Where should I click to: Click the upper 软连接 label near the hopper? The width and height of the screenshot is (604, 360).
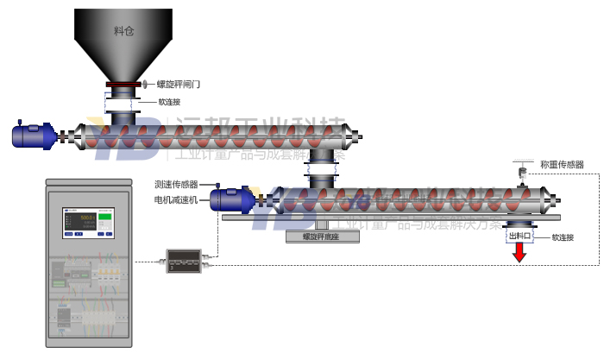(169, 101)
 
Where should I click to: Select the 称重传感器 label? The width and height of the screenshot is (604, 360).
(562, 164)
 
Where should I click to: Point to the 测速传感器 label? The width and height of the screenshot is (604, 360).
(176, 184)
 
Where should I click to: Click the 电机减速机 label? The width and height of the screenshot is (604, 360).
(176, 199)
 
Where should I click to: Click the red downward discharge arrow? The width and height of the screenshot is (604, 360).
(519, 253)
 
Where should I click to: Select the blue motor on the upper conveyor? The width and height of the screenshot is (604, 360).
(33, 136)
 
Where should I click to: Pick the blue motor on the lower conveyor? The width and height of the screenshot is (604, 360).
(230, 199)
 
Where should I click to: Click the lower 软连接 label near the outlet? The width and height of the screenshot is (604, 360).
(563, 237)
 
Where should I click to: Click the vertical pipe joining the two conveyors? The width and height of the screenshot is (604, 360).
(323, 167)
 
